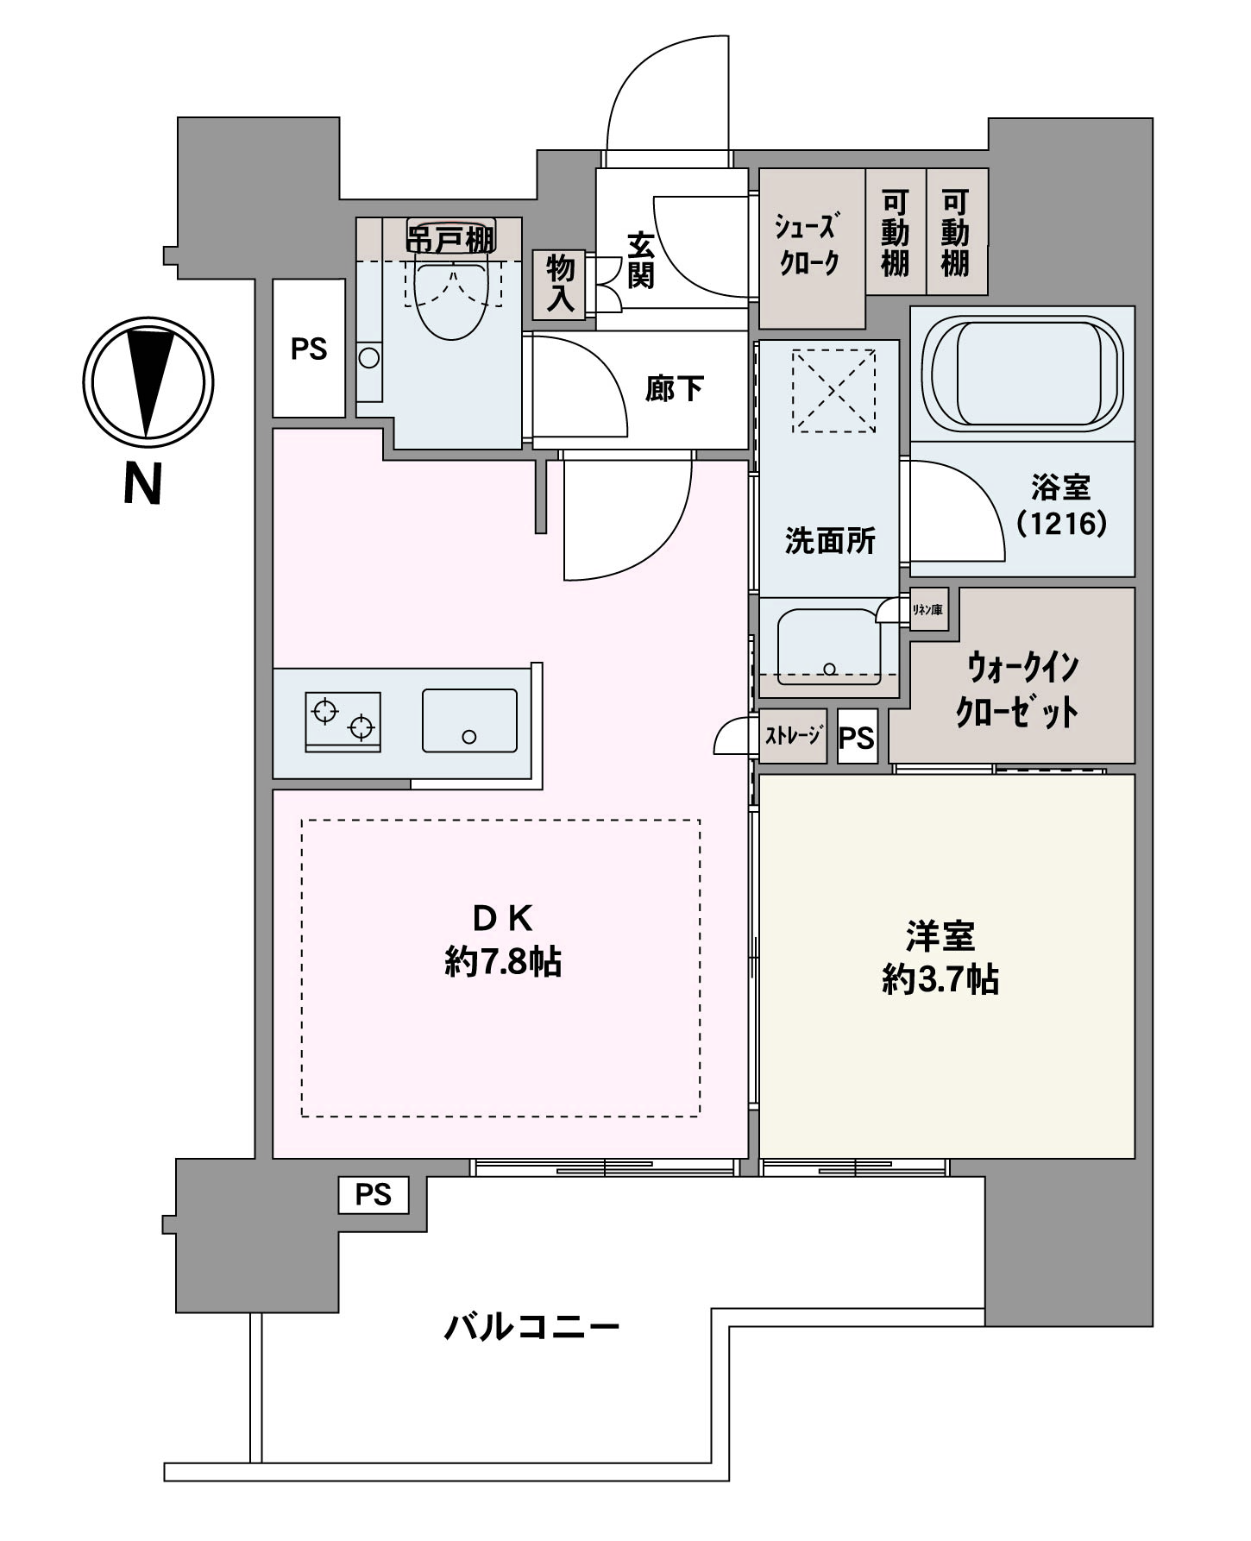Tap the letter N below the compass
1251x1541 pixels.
tap(143, 484)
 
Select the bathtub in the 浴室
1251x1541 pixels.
tap(1022, 373)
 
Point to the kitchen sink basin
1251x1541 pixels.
tap(469, 720)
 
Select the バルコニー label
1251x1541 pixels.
tap(532, 1326)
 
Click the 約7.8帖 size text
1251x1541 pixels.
tap(504, 961)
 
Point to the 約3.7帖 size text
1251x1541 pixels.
tap(940, 980)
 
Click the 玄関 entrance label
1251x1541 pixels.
tap(641, 261)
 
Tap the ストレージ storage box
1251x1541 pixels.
tap(793, 736)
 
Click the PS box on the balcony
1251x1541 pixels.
tap(373, 1195)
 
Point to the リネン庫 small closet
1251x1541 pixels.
tap(928, 610)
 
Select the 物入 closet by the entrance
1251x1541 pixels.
tap(560, 284)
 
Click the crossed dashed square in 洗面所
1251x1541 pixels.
tap(833, 390)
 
